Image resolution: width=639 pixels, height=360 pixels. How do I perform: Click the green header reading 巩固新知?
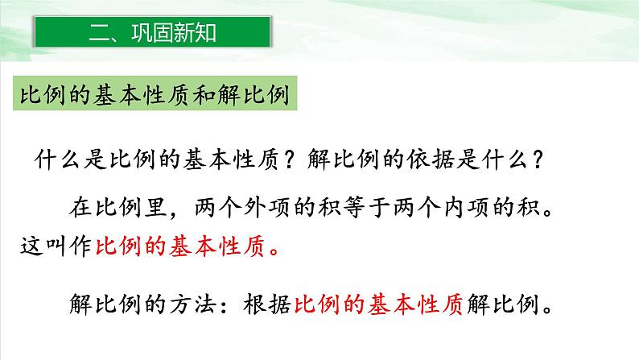152,34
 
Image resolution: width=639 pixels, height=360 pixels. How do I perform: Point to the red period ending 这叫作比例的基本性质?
276,250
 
